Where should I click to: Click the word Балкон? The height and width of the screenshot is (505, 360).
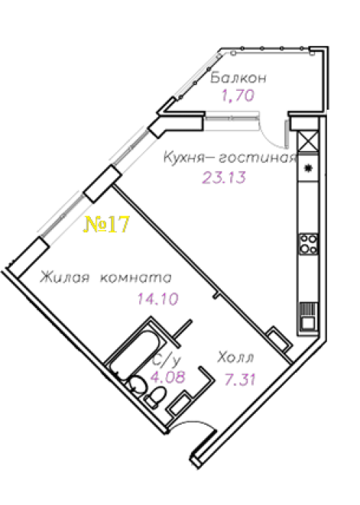(x=238, y=78)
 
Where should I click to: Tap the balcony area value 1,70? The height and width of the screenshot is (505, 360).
(x=238, y=95)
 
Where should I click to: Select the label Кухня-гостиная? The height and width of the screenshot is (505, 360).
(x=230, y=158)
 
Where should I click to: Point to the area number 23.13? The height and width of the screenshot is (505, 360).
(x=224, y=177)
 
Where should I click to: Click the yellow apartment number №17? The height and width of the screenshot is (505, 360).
(x=107, y=224)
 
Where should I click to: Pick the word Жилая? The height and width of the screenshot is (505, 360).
(x=64, y=278)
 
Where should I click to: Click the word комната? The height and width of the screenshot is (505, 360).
(x=136, y=278)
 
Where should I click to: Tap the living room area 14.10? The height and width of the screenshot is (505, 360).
(x=158, y=299)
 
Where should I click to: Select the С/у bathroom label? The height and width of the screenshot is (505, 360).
(x=167, y=361)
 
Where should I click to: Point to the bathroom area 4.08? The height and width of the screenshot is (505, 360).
(x=168, y=377)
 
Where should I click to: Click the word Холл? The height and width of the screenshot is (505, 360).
(x=236, y=358)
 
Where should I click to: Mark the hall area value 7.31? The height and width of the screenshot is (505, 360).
(x=240, y=380)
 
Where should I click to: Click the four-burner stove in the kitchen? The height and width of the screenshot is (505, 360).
(x=309, y=244)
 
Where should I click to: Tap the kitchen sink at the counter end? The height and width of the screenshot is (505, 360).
(x=309, y=316)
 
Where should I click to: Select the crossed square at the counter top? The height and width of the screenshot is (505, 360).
(x=308, y=141)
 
